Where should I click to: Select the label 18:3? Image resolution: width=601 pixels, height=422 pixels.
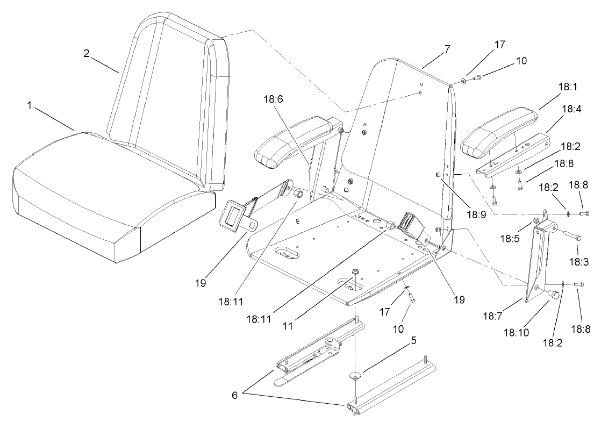pos(578,263)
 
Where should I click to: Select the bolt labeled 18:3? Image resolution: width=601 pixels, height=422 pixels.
pos(571,235)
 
